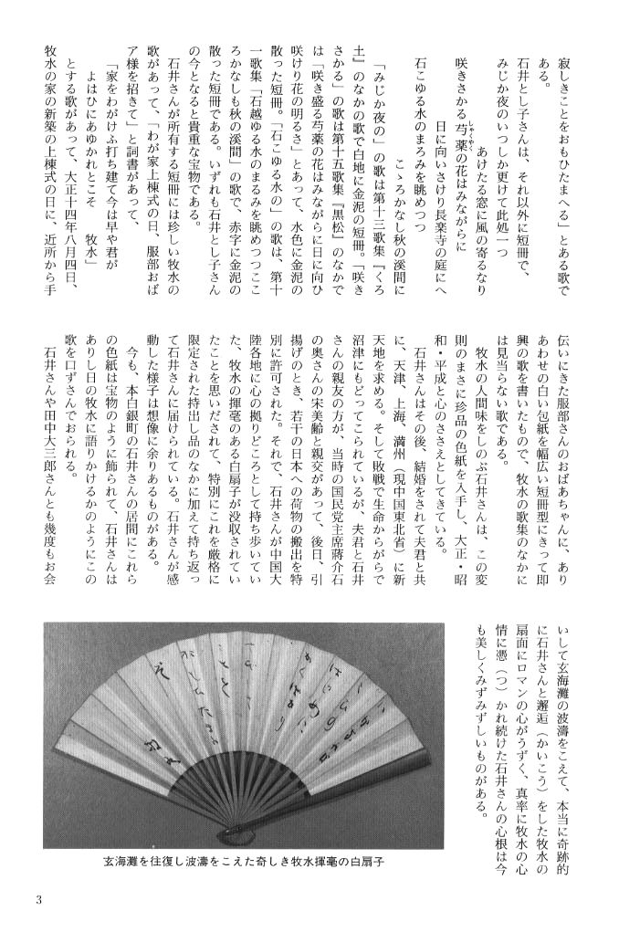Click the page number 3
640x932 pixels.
(x=39, y=900)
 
